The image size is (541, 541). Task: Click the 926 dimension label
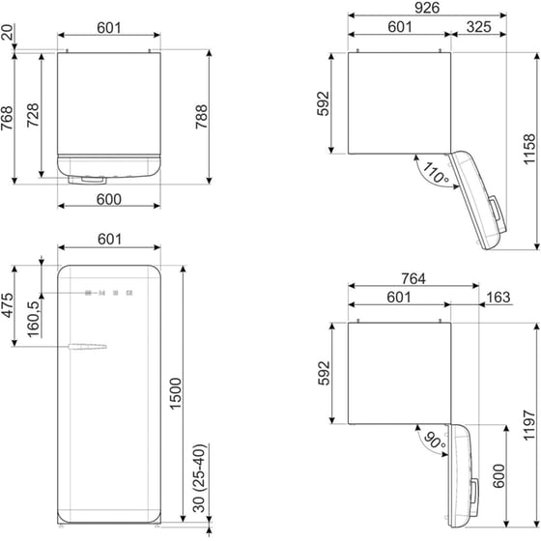coord(428,9)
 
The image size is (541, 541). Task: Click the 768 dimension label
coord(8,117)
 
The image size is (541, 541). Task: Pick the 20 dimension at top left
coord(8,36)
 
